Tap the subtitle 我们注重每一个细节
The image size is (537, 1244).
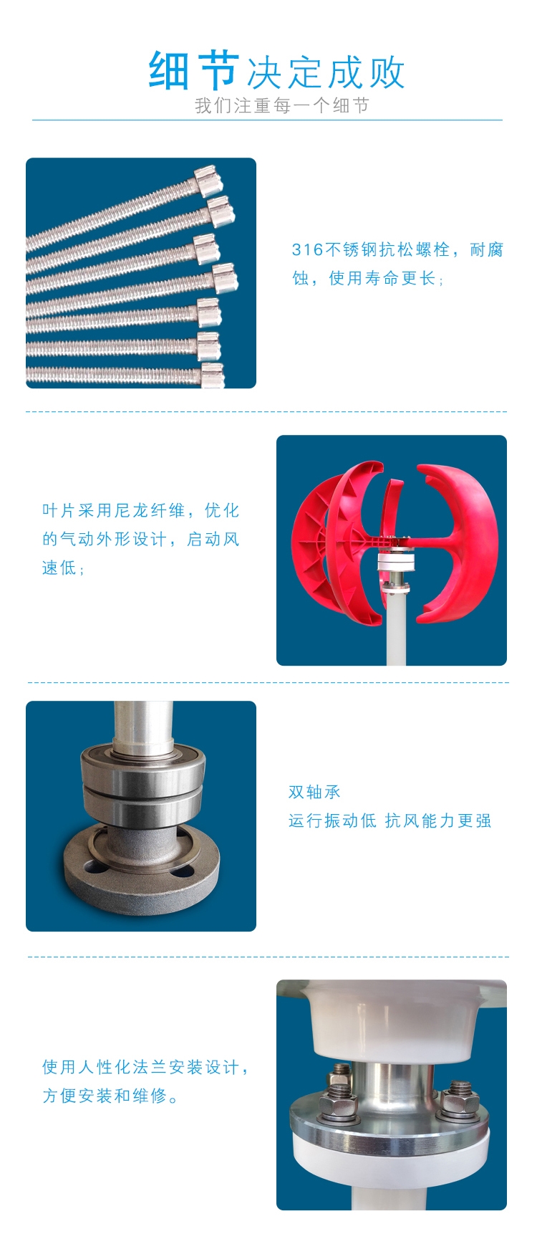click(x=282, y=105)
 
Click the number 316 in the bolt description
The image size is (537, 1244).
click(x=307, y=249)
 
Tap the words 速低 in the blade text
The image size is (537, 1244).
click(x=59, y=568)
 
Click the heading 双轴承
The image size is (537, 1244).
click(x=314, y=792)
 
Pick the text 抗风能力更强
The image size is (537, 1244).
click(x=438, y=820)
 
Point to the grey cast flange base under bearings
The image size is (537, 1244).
click(x=141, y=870)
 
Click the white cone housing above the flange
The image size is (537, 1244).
click(x=392, y=1021)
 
